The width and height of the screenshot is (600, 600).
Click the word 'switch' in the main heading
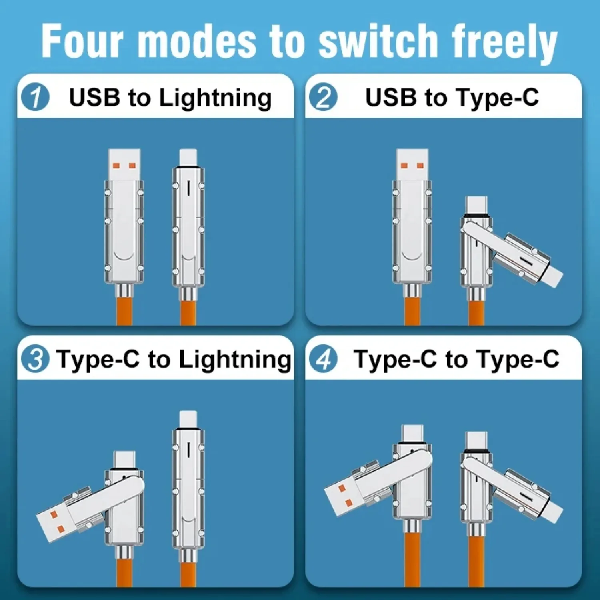[378, 41]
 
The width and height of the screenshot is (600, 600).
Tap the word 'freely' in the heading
[505, 42]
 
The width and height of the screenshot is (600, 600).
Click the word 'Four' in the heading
[82, 41]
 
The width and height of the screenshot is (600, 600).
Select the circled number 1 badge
[35, 97]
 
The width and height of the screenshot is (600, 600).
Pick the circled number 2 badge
[323, 97]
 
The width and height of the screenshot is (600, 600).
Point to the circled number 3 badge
[35, 359]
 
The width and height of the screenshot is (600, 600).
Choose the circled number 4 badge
[323, 359]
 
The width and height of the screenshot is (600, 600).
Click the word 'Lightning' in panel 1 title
[215, 98]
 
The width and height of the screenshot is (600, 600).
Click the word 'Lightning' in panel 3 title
[235, 359]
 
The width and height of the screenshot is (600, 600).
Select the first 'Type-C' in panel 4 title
[395, 359]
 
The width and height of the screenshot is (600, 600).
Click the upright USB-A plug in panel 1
[124, 164]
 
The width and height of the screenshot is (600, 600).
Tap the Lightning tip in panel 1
[188, 157]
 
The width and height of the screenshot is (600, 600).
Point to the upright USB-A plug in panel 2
[412, 164]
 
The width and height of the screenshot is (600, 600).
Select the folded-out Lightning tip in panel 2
[553, 276]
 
